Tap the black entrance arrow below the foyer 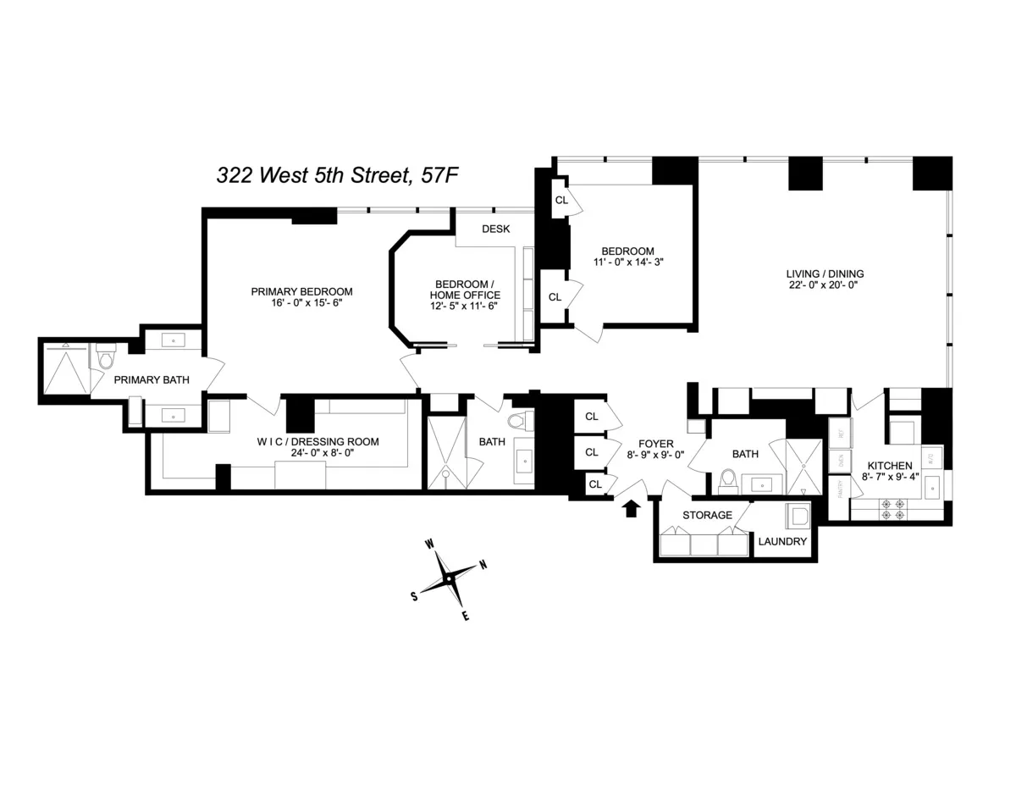(631, 507)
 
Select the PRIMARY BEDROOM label (301, 291)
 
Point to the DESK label (495, 229)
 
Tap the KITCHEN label (889, 466)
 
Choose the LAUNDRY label (781, 542)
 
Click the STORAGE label (707, 515)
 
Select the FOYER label (656, 443)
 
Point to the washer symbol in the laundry (798, 516)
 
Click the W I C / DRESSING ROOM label (317, 441)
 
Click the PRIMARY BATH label (152, 379)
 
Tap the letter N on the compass (483, 565)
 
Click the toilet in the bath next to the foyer (726, 482)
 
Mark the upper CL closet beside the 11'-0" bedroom (561, 200)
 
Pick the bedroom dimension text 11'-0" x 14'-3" (627, 263)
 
